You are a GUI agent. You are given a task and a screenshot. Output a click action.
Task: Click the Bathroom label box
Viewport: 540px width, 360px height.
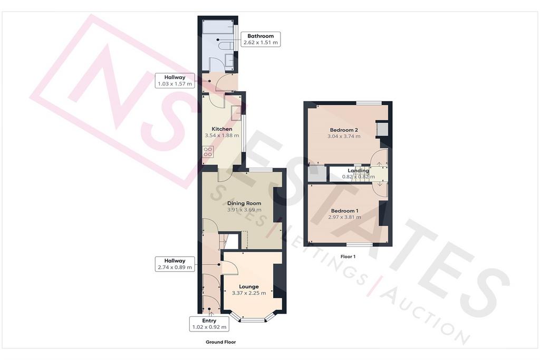(x=261, y=39)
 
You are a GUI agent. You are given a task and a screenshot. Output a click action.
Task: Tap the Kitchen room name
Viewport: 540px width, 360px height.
(x=222, y=129)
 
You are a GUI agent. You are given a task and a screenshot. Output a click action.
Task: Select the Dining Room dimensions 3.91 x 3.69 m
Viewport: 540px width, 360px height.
(x=244, y=210)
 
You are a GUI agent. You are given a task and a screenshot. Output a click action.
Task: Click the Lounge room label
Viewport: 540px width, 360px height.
(x=249, y=287)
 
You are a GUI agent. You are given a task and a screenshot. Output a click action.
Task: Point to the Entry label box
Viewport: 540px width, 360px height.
(x=209, y=324)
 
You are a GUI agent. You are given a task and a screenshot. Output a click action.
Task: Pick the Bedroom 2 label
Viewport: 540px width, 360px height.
(x=344, y=130)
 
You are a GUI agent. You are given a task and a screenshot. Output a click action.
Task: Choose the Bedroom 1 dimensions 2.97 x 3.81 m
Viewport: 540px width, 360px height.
(x=344, y=217)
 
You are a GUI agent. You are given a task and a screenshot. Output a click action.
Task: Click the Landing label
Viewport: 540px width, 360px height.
(x=358, y=171)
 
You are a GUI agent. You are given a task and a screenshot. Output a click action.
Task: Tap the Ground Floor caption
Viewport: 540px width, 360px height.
(x=221, y=342)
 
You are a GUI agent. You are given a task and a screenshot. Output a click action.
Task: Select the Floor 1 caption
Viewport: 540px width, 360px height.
(x=348, y=256)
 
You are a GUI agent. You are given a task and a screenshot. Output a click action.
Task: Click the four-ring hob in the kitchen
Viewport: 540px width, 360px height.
(x=208, y=152)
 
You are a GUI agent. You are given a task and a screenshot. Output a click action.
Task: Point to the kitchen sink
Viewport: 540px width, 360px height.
(x=236, y=113)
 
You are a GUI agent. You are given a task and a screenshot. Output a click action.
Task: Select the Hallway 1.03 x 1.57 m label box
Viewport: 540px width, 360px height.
(x=175, y=81)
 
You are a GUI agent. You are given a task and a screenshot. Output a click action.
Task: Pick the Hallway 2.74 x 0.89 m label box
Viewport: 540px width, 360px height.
(x=175, y=264)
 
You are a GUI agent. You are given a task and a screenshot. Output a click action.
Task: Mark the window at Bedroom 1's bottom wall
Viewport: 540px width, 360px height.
(x=359, y=245)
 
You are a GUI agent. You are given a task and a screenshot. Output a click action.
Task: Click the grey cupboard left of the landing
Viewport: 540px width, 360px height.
(x=317, y=173)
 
